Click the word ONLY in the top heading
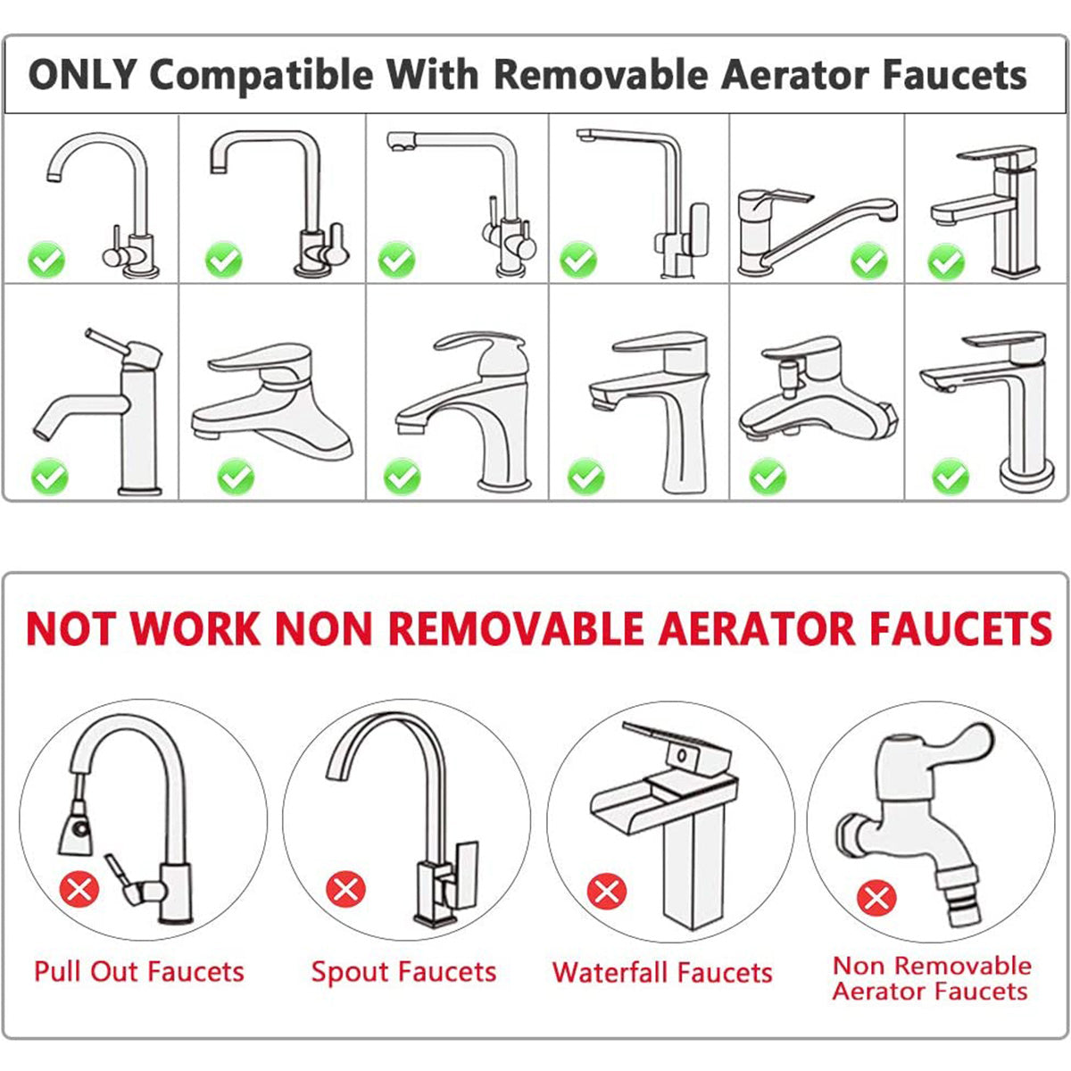click(82, 74)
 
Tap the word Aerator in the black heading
click(795, 74)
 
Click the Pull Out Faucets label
click(139, 972)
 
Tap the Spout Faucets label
click(404, 972)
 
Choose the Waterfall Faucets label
click(662, 972)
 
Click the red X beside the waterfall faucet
click(607, 892)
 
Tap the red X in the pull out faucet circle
click(79, 889)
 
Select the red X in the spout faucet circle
click(345, 889)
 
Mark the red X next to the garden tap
click(876, 898)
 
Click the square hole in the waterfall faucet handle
click(681, 755)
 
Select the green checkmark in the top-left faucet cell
click(46, 260)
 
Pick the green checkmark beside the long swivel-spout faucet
click(869, 261)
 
